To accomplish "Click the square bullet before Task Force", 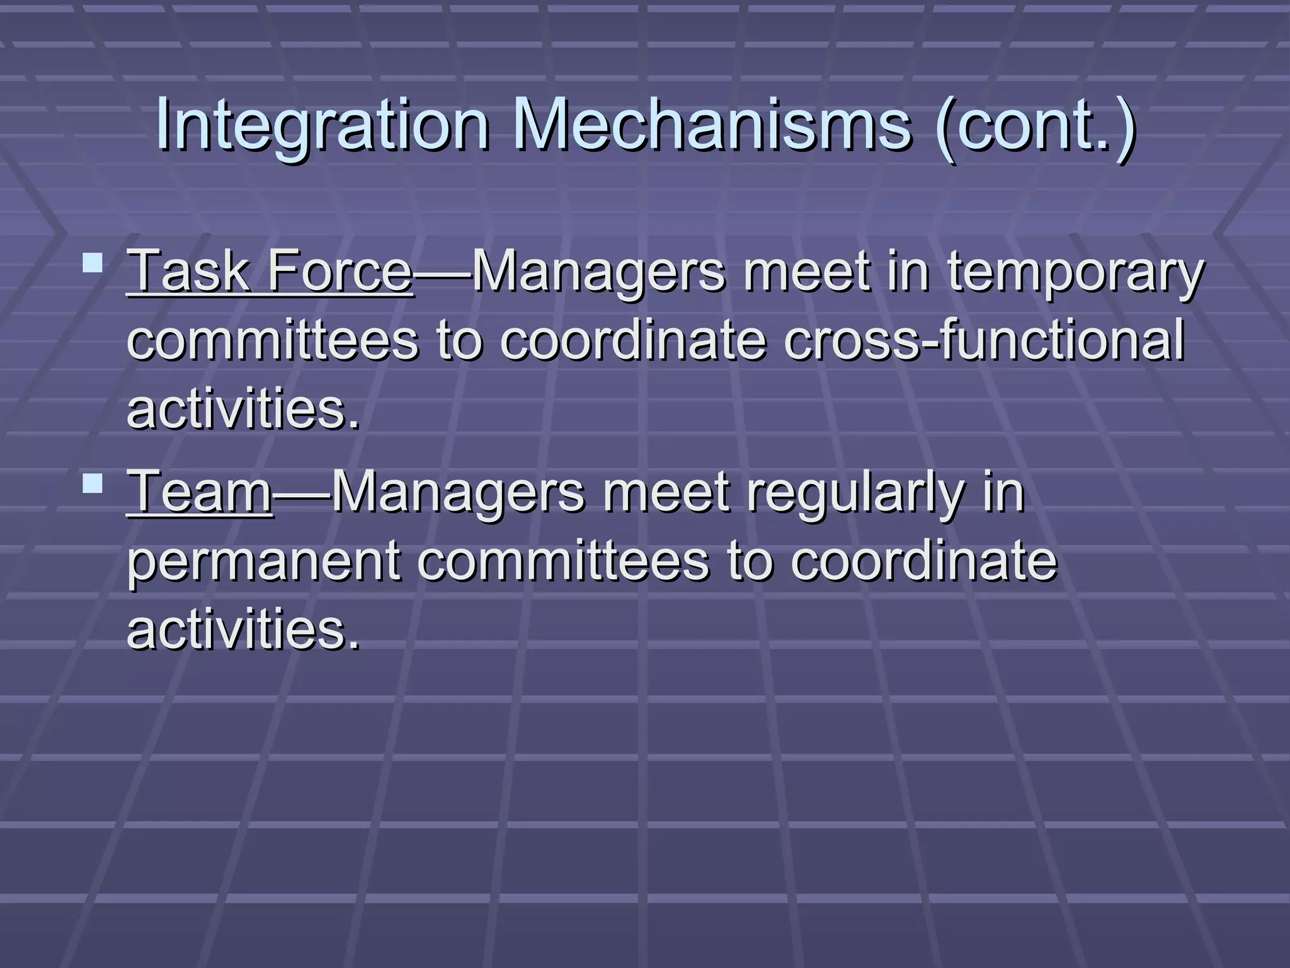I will click(93, 262).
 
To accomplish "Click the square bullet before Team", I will click(93, 483).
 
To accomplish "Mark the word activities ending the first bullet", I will click(243, 410).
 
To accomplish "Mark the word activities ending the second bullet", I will click(243, 630).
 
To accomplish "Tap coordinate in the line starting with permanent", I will click(923, 561).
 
